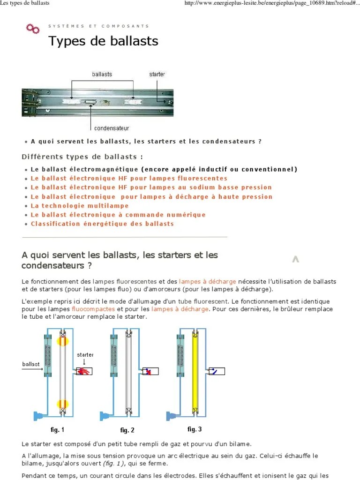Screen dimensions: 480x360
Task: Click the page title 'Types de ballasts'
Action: [103, 41]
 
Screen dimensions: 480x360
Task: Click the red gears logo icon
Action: [33, 29]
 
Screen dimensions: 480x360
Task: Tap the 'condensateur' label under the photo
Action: [111, 128]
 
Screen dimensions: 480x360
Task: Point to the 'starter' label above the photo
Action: [157, 74]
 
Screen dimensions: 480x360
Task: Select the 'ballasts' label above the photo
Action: [102, 74]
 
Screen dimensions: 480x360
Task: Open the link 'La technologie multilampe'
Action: [80, 206]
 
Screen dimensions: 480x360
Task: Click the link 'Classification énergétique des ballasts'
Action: [102, 224]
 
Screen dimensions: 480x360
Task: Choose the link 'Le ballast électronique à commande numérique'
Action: [118, 215]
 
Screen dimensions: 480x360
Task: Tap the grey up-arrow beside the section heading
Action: [295, 259]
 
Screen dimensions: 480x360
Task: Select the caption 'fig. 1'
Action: [57, 429]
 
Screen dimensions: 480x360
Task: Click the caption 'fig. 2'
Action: [127, 430]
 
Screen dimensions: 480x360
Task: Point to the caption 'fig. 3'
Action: [195, 429]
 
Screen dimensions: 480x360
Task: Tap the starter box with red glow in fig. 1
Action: [84, 371]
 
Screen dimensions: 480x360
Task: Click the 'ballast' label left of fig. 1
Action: [31, 364]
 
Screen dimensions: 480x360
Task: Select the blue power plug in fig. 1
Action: [37, 415]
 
